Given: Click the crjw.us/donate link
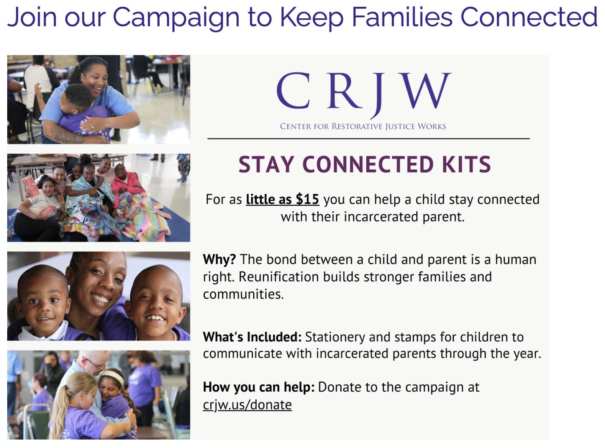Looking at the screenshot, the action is tap(247, 405).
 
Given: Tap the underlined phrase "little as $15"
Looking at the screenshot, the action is tap(282, 199).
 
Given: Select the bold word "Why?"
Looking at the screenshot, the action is tap(219, 260).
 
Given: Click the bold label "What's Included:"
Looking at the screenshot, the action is tap(252, 337).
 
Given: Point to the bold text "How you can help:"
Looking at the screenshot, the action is tap(259, 387).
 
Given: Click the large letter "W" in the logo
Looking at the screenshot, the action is tap(424, 91).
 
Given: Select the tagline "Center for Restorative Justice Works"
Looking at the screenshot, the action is tap(363, 127).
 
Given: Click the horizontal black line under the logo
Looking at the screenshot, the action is tap(368, 139).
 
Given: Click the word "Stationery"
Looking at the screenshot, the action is tap(335, 337).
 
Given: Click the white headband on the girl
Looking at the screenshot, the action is tap(112, 376).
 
